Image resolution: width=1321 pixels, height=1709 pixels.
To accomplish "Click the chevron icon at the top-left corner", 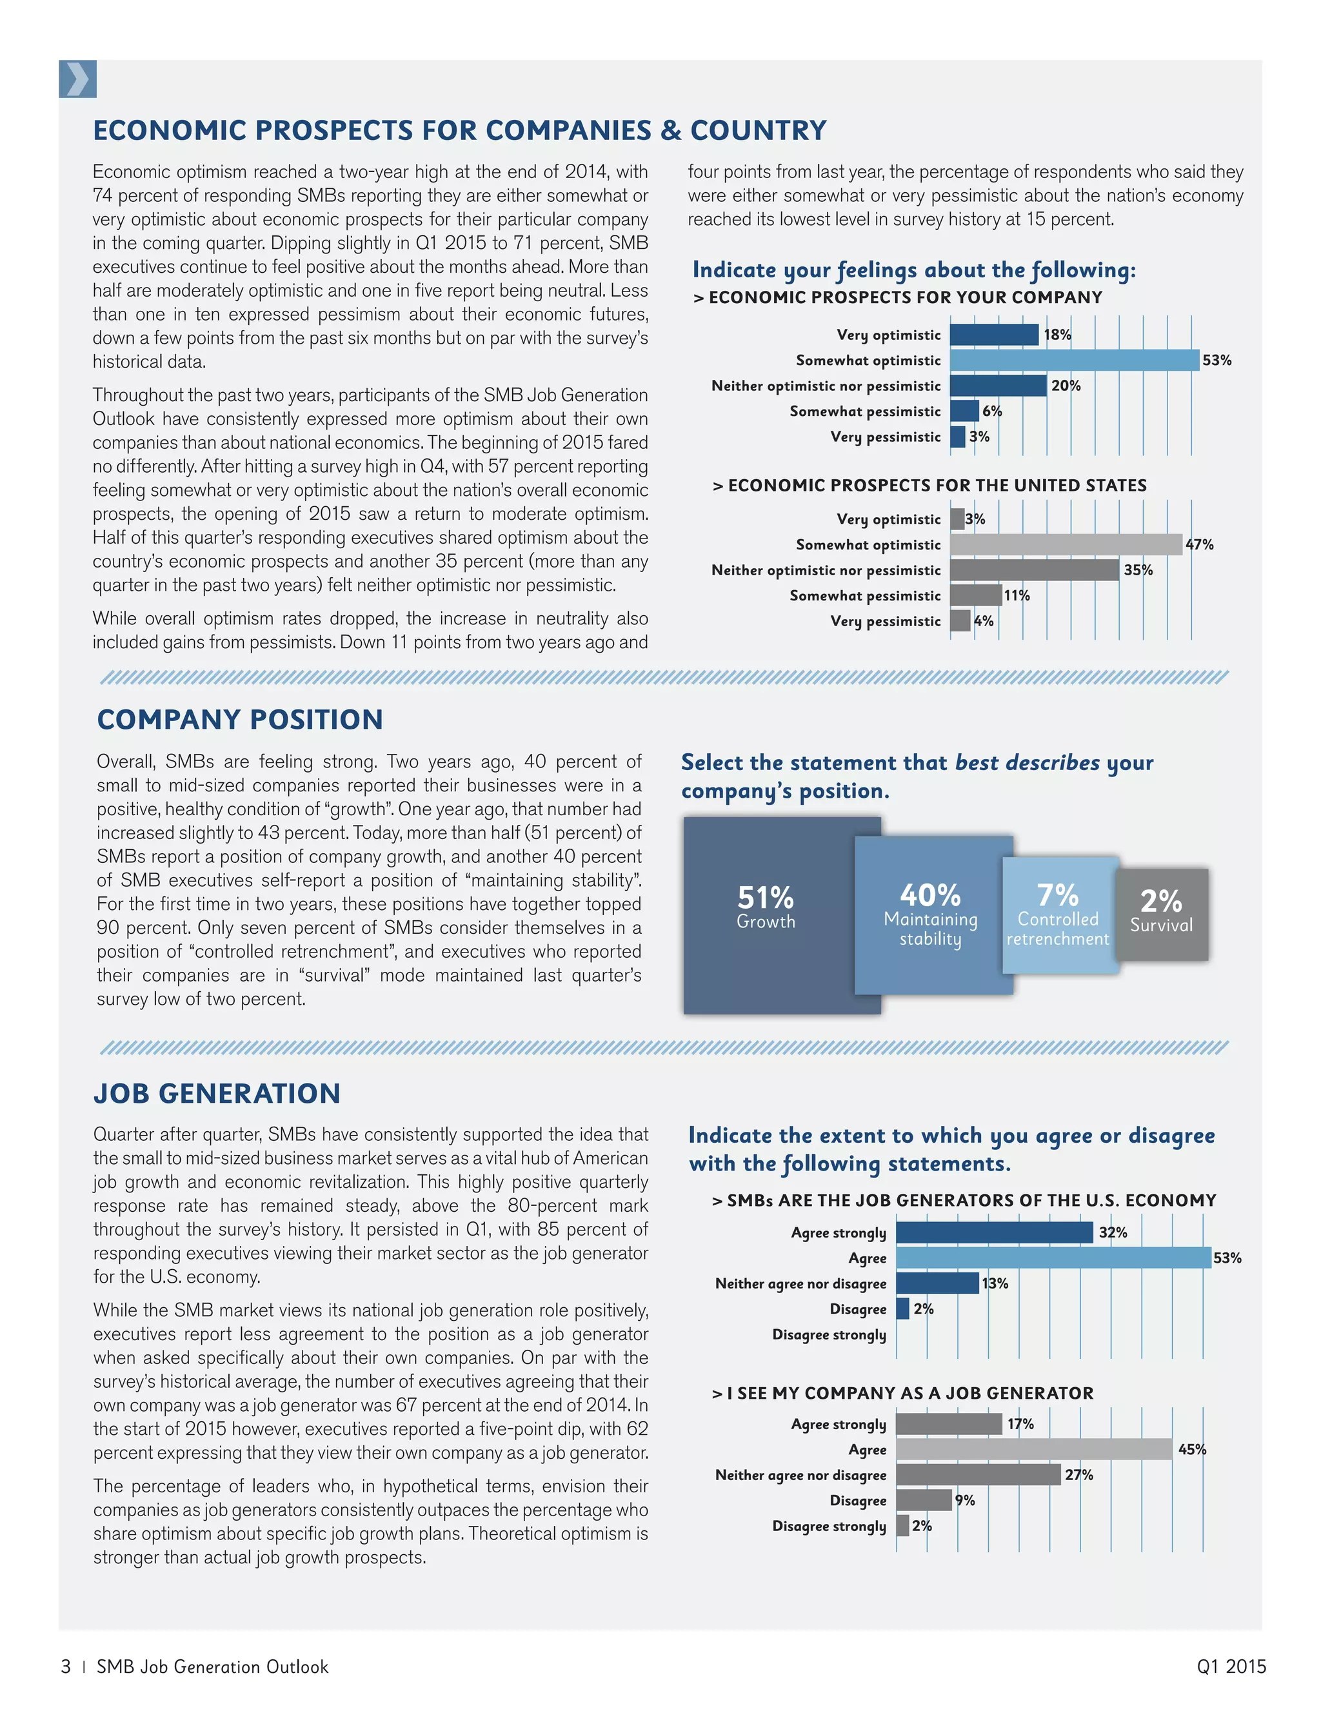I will pyautogui.click(x=77, y=79).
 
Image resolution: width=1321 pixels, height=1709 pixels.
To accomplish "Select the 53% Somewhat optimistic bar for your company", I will pyautogui.click(x=1074, y=360).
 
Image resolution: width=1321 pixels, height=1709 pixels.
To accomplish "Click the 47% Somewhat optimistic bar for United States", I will pyautogui.click(x=1065, y=545).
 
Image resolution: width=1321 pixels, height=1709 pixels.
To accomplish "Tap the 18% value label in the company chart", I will pyautogui.click(x=1057, y=335).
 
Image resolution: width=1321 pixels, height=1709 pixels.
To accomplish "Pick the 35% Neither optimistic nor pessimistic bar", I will pyautogui.click(x=1034, y=569).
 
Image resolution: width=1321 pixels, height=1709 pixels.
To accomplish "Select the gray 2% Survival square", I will pyautogui.click(x=1161, y=914).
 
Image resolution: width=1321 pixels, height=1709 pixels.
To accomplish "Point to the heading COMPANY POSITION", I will pyautogui.click(x=239, y=719).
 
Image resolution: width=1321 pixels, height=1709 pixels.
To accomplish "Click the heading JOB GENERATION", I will pyautogui.click(x=217, y=1093).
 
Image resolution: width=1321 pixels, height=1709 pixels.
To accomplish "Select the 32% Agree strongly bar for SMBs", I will pyautogui.click(x=994, y=1232).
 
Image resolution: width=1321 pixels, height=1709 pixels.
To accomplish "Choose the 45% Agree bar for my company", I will pyautogui.click(x=1033, y=1449).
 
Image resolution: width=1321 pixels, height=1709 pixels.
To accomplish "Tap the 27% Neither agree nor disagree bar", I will pyautogui.click(x=978, y=1475).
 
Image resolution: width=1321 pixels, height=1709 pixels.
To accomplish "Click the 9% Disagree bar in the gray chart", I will pyautogui.click(x=924, y=1500).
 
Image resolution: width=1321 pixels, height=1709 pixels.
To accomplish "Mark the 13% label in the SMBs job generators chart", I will pyautogui.click(x=995, y=1283).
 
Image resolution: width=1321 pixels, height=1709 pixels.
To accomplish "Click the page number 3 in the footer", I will pyautogui.click(x=66, y=1666).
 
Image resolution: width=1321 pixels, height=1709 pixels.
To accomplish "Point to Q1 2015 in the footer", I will pyautogui.click(x=1230, y=1666).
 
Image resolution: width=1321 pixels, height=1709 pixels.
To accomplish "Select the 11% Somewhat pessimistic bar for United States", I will pyautogui.click(x=975, y=595).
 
